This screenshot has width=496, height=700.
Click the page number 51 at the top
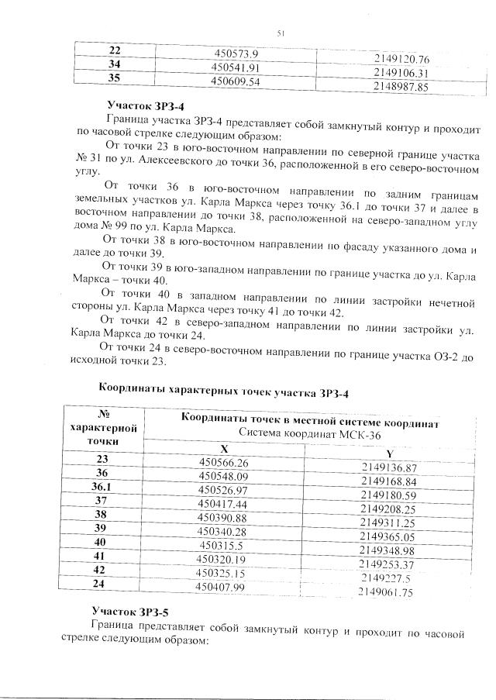(x=281, y=32)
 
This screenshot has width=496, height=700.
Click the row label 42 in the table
(x=101, y=572)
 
